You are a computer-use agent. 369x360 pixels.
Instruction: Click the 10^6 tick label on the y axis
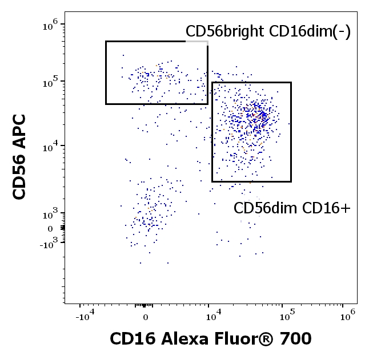[x=50, y=25]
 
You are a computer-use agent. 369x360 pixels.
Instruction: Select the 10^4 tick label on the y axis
[x=50, y=147]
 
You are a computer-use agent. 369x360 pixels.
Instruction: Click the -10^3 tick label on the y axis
[x=49, y=244]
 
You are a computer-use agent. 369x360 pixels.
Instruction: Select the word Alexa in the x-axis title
[x=181, y=339]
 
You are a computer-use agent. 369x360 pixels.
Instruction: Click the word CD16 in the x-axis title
[x=129, y=339]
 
